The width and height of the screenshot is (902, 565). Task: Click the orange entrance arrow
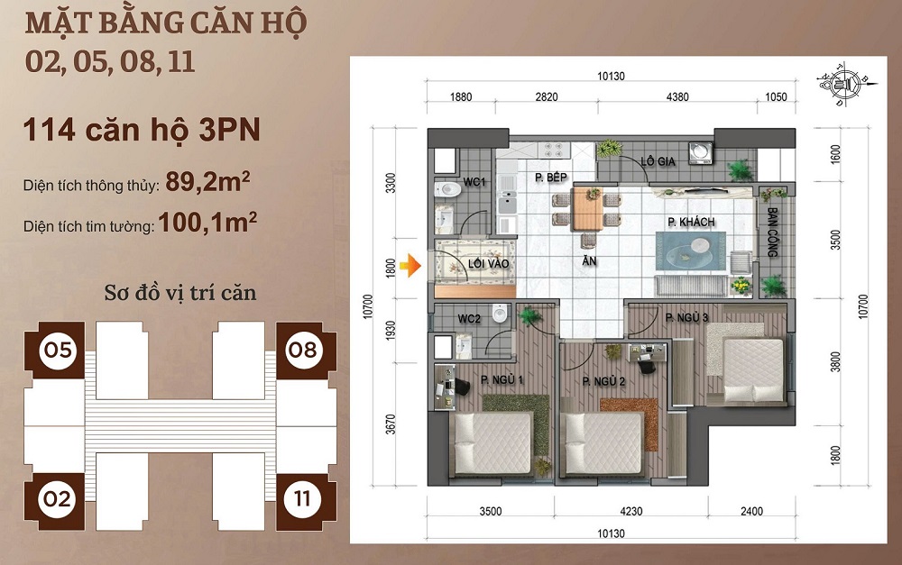tap(410, 266)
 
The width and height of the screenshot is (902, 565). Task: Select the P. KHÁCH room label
tap(691, 222)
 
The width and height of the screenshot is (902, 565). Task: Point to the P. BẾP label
tap(550, 178)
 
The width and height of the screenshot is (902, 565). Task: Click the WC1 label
tap(474, 182)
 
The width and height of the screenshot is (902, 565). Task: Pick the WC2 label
tap(469, 318)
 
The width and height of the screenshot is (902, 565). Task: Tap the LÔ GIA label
tap(658, 161)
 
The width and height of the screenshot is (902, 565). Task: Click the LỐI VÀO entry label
tap(488, 264)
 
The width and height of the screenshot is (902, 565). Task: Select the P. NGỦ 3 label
tap(686, 317)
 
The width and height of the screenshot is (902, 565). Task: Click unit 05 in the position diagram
tap(58, 350)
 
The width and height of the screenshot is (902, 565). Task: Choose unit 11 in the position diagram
tap(302, 499)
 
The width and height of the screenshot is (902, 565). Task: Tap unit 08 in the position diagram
tap(302, 350)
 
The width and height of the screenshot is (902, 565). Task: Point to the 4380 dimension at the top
tap(677, 97)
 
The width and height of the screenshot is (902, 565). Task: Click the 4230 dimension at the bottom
tap(631, 511)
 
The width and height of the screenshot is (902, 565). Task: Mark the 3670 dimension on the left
tap(391, 424)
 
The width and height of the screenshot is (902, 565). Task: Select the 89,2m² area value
tap(207, 181)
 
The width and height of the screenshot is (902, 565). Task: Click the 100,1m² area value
tap(207, 222)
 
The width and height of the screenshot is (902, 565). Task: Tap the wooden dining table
tap(587, 208)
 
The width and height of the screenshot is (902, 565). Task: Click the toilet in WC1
tap(447, 189)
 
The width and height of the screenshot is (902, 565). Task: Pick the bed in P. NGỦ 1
tap(492, 443)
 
